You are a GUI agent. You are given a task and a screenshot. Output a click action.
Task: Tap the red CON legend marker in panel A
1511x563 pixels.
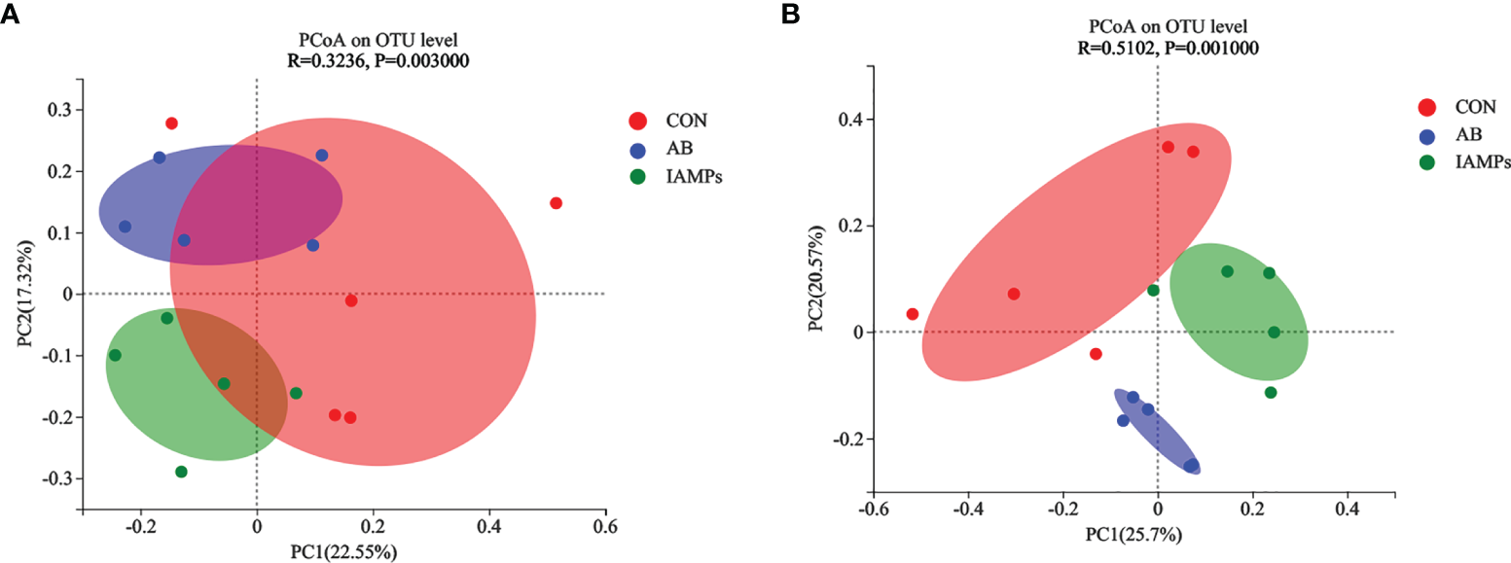[638, 122]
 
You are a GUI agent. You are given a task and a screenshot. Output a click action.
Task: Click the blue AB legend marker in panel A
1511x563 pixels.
[638, 150]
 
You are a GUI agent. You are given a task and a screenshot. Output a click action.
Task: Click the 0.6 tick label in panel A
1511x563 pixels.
[605, 527]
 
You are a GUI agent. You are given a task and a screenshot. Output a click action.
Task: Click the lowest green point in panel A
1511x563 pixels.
[181, 472]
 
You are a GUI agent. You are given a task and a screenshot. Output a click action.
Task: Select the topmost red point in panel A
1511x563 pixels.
[171, 123]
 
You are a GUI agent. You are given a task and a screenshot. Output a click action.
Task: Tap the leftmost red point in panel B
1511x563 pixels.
[912, 314]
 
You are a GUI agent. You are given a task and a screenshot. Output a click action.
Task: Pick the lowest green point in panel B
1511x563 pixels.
[1270, 393]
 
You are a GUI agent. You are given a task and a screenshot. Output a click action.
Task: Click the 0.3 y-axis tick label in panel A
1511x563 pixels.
[60, 110]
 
